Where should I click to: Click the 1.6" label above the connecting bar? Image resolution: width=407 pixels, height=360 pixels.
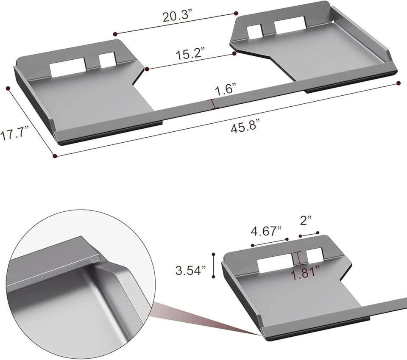(x=226, y=90)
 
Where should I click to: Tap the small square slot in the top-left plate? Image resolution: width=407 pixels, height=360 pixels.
(x=107, y=60)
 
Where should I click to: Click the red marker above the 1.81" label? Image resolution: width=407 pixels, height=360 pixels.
(x=299, y=257)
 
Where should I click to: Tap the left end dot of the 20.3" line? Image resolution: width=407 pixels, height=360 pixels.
(x=114, y=33)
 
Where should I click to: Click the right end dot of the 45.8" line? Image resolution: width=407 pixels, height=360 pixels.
(x=399, y=83)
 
